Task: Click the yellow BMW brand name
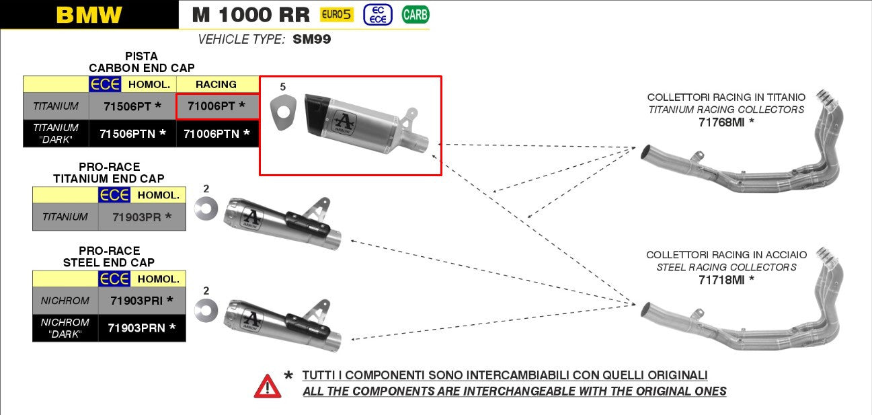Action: (89, 15)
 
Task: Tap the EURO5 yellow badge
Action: (337, 15)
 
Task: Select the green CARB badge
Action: (415, 15)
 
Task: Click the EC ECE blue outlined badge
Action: (378, 15)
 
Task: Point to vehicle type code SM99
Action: (311, 39)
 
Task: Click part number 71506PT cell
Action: (132, 106)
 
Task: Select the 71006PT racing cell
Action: (216, 106)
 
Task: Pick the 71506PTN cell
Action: (132, 134)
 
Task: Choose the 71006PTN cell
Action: (217, 134)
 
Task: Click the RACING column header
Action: (216, 85)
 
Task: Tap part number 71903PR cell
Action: (142, 217)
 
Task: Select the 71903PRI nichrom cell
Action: (142, 301)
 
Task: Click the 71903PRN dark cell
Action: (142, 328)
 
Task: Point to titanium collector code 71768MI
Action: (726, 122)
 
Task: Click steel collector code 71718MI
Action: (726, 280)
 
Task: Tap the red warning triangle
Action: (268, 387)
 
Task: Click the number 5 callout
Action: (282, 87)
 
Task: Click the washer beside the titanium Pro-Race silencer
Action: (206, 209)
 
